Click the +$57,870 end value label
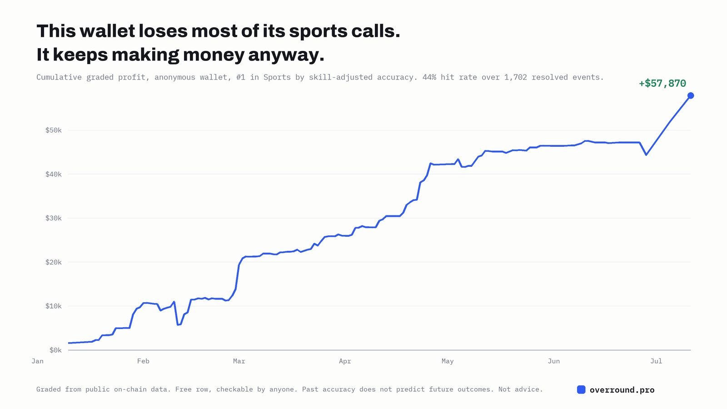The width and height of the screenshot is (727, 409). tap(662, 84)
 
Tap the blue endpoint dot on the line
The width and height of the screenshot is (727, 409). tap(691, 95)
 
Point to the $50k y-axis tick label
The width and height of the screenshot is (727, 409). tap(53, 130)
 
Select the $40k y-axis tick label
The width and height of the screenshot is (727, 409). tap(53, 175)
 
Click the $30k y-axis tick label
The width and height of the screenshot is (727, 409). tap(53, 218)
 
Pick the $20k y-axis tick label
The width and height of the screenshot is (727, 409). tap(53, 262)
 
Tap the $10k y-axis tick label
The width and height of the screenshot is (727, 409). tap(53, 306)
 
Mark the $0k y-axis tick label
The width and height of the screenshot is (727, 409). tap(55, 350)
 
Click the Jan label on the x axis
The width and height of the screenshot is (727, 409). tap(37, 361)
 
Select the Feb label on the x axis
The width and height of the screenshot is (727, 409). tap(143, 361)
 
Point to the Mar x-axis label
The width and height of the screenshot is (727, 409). tap(239, 361)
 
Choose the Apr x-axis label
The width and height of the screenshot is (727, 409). tap(345, 361)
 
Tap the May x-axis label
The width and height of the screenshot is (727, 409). tap(448, 361)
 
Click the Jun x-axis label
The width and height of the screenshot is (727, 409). tap(554, 361)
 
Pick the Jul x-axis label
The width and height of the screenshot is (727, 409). tap(656, 361)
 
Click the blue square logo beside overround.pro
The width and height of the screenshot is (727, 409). tap(581, 389)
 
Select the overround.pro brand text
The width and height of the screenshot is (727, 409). tap(622, 390)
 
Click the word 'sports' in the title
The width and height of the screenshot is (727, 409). tap(318, 31)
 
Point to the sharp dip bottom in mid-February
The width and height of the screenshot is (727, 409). tap(178, 324)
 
